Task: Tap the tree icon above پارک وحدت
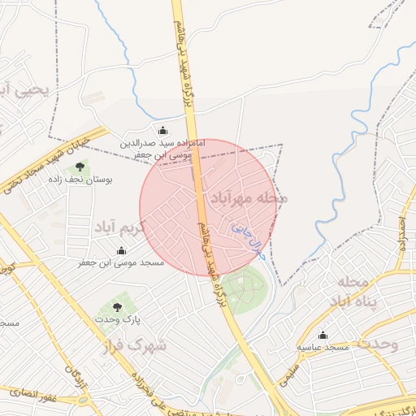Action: [118, 307]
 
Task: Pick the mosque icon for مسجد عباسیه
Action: [323, 335]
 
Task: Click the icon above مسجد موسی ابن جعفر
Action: [121, 251]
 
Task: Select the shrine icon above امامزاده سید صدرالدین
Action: [162, 131]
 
